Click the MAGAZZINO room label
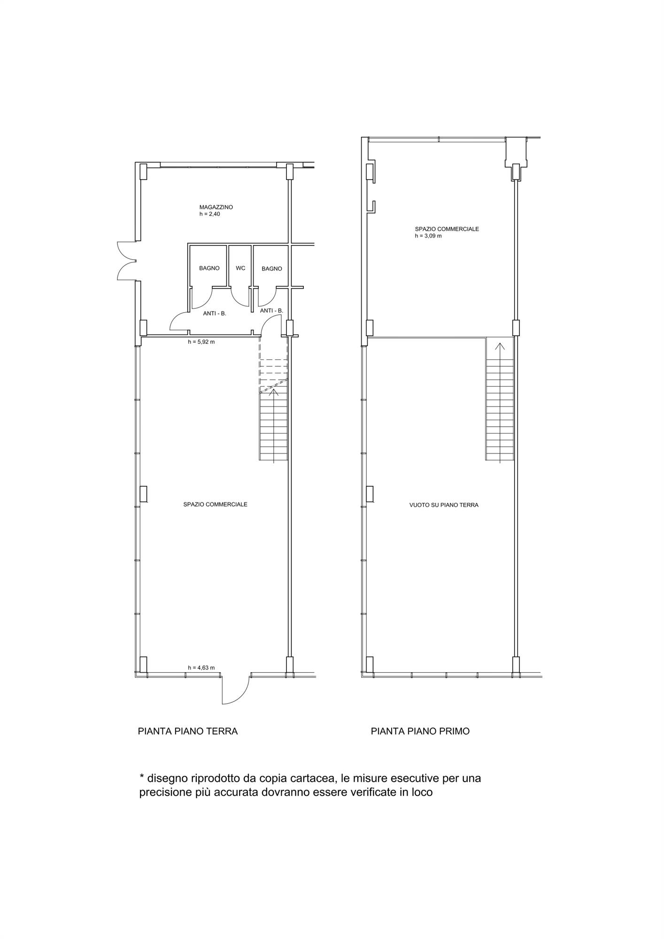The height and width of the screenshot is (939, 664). pyautogui.click(x=216, y=207)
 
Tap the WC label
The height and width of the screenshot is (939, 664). pyautogui.click(x=240, y=268)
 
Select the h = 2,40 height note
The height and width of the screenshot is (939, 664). pyautogui.click(x=209, y=214)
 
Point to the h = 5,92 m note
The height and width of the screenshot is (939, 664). pyautogui.click(x=201, y=342)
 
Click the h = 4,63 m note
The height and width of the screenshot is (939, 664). pyautogui.click(x=201, y=668)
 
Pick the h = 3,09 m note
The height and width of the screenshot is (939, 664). pyautogui.click(x=428, y=236)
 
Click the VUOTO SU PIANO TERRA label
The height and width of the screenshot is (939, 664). pyautogui.click(x=444, y=505)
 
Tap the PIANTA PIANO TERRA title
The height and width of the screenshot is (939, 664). pyautogui.click(x=188, y=731)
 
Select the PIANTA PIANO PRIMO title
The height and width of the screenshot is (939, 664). pyautogui.click(x=420, y=731)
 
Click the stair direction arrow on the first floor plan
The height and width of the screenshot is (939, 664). pyautogui.click(x=500, y=347)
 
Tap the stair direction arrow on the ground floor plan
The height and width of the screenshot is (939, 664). pyautogui.click(x=273, y=393)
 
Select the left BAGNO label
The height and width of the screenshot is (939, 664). pyautogui.click(x=209, y=268)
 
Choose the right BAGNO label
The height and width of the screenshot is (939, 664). pyautogui.click(x=272, y=269)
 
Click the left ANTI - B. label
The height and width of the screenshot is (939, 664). pyautogui.click(x=215, y=313)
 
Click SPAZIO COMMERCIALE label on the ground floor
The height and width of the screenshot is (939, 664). pyautogui.click(x=215, y=504)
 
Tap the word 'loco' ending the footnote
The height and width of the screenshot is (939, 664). pyautogui.click(x=422, y=793)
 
